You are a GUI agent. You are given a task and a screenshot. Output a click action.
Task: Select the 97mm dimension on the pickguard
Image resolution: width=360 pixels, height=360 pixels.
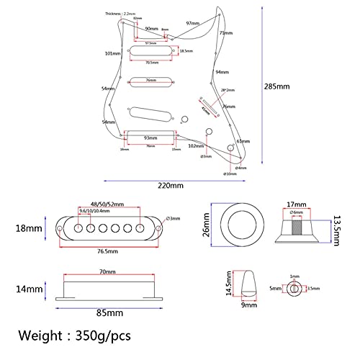click(x=192, y=24)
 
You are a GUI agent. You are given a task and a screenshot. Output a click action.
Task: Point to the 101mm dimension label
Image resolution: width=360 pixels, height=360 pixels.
click(x=112, y=54)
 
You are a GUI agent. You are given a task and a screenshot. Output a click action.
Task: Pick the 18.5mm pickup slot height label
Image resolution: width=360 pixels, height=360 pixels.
click(x=186, y=51)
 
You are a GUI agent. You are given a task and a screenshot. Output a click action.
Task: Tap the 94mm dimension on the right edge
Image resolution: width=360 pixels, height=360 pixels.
click(x=222, y=73)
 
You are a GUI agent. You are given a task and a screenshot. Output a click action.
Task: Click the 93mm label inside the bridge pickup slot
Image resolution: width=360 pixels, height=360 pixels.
click(x=150, y=138)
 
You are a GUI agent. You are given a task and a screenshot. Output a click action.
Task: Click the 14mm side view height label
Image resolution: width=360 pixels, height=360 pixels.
click(x=30, y=287)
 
